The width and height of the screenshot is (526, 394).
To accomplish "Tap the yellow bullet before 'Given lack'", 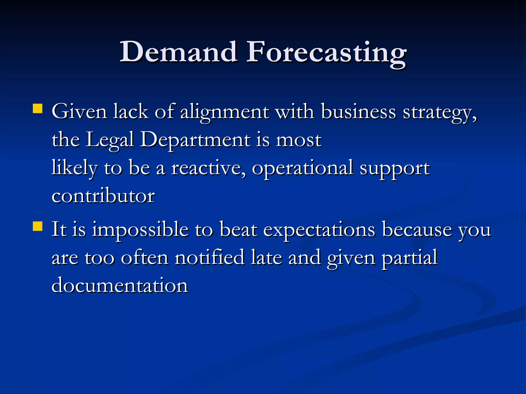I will click(37, 109).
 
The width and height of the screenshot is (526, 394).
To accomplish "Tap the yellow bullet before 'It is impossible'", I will click(37, 226).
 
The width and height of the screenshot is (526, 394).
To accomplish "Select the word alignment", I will click(224, 112).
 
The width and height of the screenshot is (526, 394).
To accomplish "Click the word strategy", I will click(439, 113).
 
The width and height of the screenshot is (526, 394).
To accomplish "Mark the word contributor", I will click(103, 196).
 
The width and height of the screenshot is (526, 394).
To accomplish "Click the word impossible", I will click(140, 230).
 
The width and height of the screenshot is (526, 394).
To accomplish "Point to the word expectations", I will click(319, 230).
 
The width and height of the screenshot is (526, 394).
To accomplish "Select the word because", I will click(417, 229).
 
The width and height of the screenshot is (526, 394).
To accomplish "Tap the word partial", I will click(409, 258).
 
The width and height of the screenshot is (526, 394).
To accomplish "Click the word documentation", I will click(120, 285).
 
